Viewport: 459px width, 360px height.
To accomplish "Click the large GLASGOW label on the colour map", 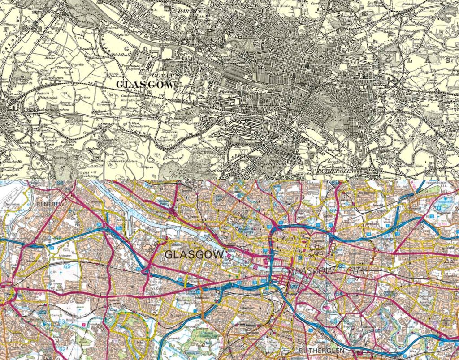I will point(194,255).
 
